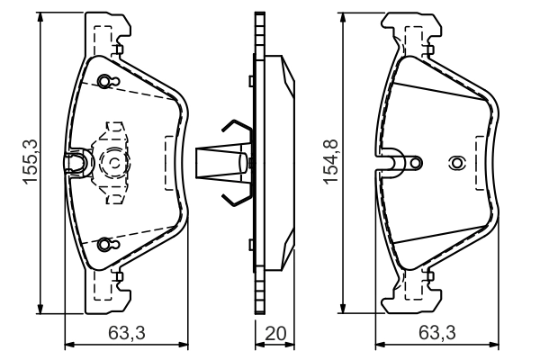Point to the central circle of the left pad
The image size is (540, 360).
coord(115,163)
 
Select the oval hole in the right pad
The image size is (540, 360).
coord(456,163)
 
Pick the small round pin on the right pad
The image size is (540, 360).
coord(414,163)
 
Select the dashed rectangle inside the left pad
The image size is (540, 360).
coord(171,162)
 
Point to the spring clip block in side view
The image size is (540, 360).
coord(219,163)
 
